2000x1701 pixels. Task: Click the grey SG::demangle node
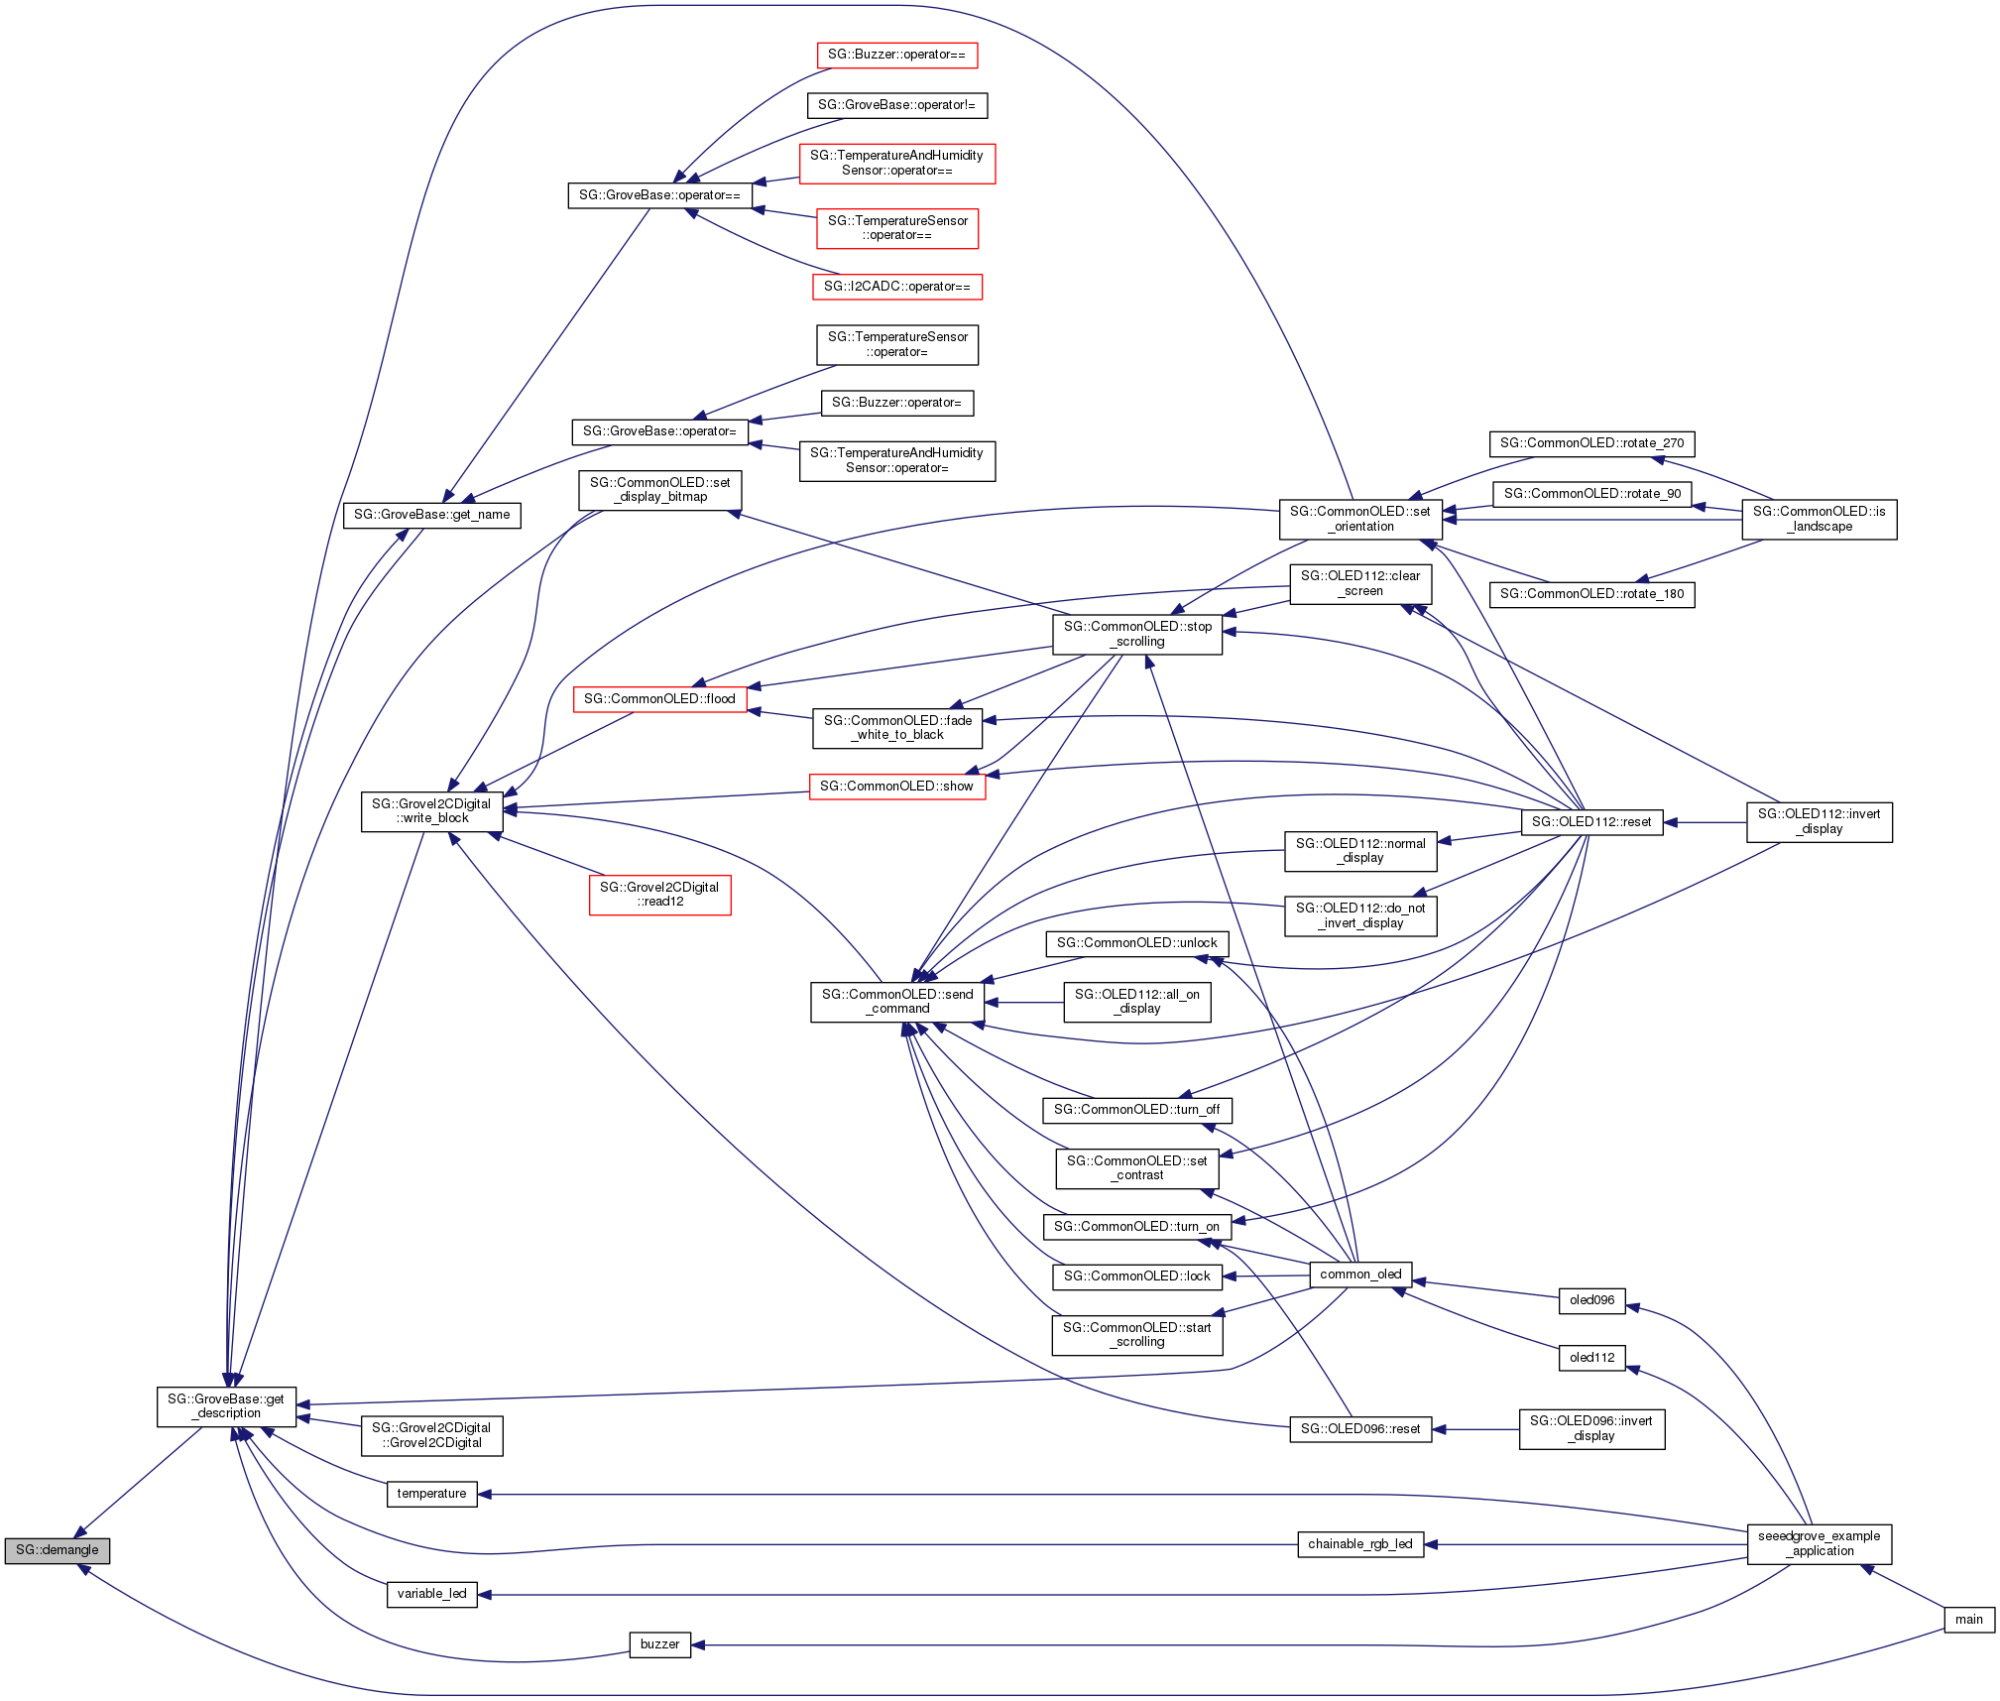(x=57, y=1550)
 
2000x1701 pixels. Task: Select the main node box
(x=1968, y=1620)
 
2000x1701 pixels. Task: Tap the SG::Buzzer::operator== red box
(x=896, y=55)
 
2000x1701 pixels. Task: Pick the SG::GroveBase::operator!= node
(x=896, y=105)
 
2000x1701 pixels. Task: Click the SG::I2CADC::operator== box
(x=896, y=287)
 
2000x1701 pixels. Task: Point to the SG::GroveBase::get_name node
(x=431, y=515)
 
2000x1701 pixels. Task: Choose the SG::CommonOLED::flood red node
(x=659, y=699)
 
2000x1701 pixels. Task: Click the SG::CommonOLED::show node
(x=896, y=787)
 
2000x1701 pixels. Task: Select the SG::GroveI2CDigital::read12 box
(x=659, y=895)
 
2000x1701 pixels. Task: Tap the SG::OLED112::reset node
(x=1591, y=822)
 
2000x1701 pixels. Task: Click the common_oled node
(x=1360, y=1275)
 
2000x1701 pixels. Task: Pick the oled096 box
(x=1591, y=1300)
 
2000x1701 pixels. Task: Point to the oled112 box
(x=1591, y=1358)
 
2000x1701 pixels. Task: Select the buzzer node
(x=659, y=1644)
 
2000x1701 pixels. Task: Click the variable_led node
(x=431, y=1594)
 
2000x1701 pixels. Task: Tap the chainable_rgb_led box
(x=1359, y=1544)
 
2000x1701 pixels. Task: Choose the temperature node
(x=431, y=1494)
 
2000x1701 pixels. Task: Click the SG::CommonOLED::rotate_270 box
(x=1591, y=443)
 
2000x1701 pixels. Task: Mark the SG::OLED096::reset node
(x=1359, y=1429)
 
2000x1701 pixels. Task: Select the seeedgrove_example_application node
(x=1819, y=1544)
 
